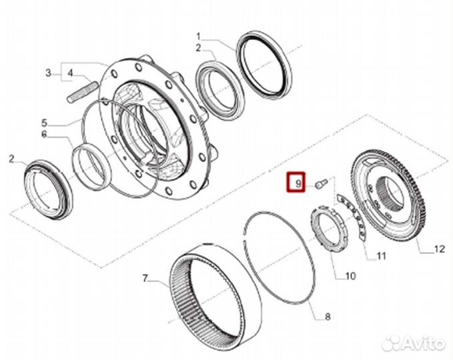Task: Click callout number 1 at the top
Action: coord(198,35)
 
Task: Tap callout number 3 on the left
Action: coord(48,73)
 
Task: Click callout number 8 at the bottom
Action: coord(328,317)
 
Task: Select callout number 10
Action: coord(351,275)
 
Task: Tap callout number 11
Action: coord(381,255)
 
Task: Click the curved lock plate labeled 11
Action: coord(352,214)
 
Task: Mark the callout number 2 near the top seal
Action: coord(198,47)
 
